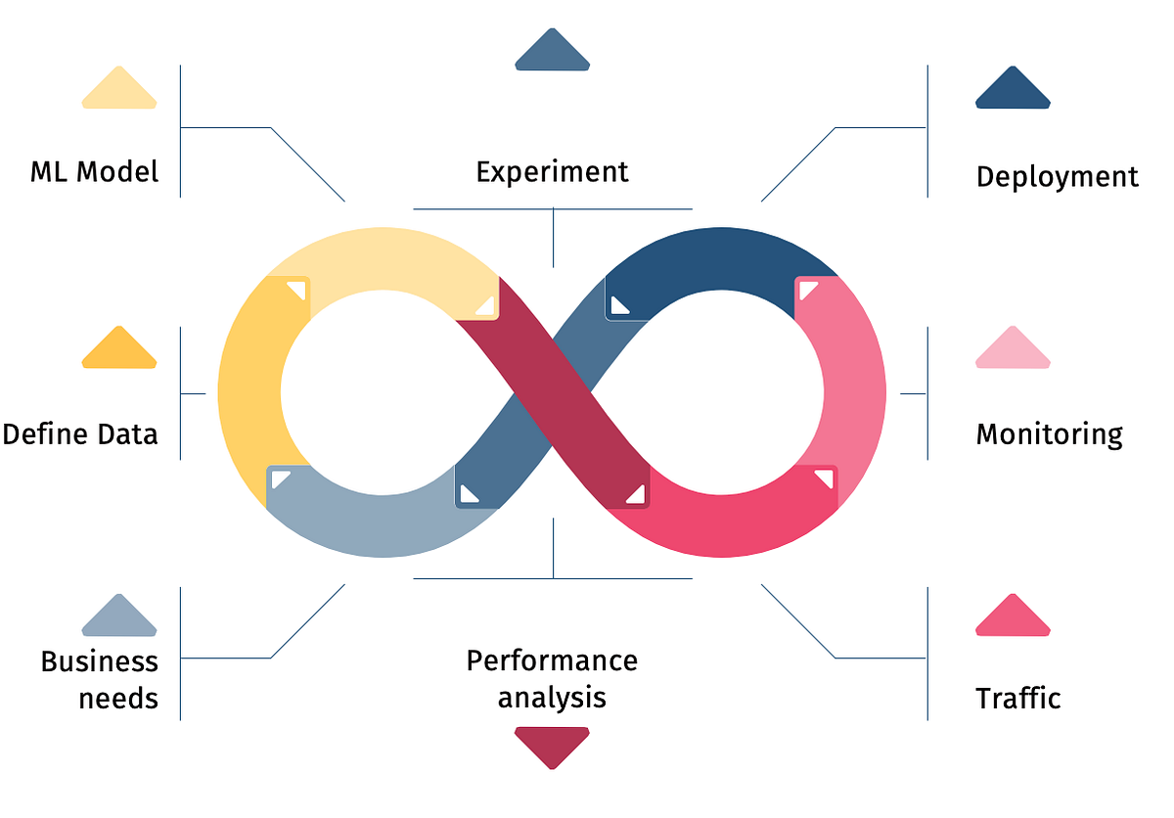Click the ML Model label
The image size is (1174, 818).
(94, 172)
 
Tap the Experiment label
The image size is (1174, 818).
(552, 172)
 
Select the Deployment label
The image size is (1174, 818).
(1057, 177)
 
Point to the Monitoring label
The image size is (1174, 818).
(1049, 433)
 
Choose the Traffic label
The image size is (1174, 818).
(1017, 698)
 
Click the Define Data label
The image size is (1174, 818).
(80, 433)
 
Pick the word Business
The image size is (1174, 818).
(99, 661)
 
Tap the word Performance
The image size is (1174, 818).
(552, 660)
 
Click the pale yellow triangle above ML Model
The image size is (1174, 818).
(118, 89)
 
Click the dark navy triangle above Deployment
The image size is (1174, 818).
(1013, 89)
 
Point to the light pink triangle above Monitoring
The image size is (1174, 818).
(1013, 349)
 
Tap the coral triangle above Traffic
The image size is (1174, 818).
(1013, 617)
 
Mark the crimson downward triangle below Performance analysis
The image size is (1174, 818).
(552, 746)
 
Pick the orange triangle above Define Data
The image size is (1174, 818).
(118, 349)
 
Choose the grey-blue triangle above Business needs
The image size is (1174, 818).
(118, 617)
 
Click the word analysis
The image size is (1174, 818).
(552, 698)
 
